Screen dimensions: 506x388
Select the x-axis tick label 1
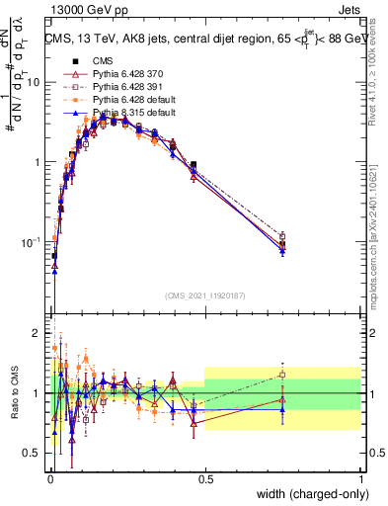click(360, 477)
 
